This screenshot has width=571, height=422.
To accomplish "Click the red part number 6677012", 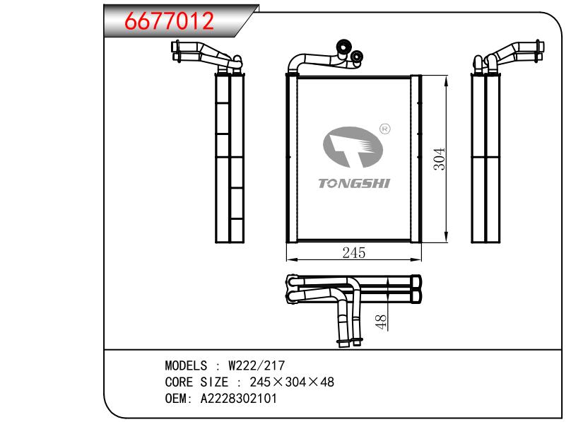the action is (169, 20).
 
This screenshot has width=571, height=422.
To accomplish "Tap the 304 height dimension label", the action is (440, 159).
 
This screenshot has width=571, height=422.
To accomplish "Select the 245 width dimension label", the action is (353, 252).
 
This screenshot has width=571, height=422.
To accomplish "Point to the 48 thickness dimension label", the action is (380, 322).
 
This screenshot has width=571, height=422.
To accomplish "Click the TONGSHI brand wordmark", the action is (354, 183).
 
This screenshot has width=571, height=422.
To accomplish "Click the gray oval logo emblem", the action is (353, 147).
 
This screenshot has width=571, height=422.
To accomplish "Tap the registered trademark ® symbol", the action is (385, 129).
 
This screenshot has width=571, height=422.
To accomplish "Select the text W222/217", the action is (257, 365).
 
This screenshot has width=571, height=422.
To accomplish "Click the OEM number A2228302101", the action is (239, 399).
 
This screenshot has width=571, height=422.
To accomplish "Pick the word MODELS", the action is (186, 365).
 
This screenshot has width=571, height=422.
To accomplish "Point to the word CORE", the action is (179, 382).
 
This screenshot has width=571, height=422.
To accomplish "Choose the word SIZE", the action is (214, 382).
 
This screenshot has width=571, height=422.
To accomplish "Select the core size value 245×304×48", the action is (292, 382).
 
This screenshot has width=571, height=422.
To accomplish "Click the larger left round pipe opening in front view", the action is (343, 46).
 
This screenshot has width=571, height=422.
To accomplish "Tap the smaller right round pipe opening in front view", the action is (356, 57).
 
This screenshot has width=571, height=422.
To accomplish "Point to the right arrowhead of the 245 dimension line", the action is (418, 259).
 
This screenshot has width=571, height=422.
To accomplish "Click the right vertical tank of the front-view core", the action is (416, 159).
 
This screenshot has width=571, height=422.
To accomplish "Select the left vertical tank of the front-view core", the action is (292, 158).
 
